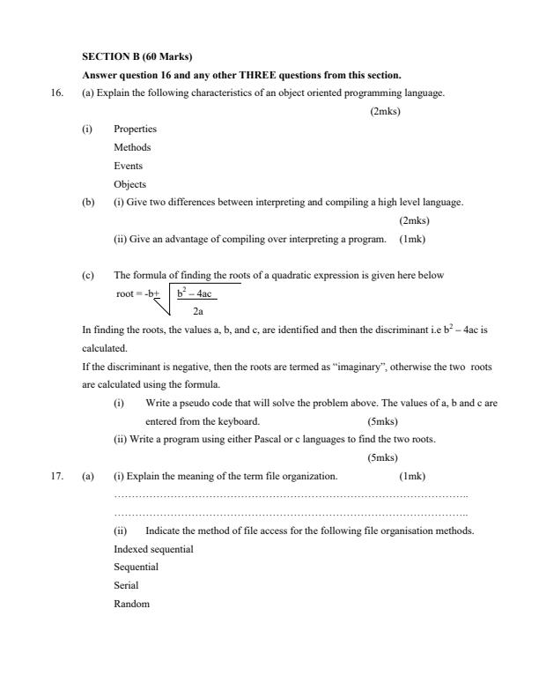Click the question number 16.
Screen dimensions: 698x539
coord(58,93)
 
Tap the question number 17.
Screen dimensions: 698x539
coord(58,476)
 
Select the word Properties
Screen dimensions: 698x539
coord(135,129)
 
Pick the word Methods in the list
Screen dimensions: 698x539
coord(132,147)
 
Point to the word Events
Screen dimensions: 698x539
coord(128,166)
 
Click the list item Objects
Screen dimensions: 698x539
coord(129,184)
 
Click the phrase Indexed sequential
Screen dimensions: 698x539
coord(153,549)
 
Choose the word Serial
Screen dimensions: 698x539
coord(126,585)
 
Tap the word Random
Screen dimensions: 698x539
coord(131,604)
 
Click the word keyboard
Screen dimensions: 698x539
coord(240,420)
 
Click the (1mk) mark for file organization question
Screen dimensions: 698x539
coord(412,476)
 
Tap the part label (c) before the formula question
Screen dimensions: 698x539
coord(88,275)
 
